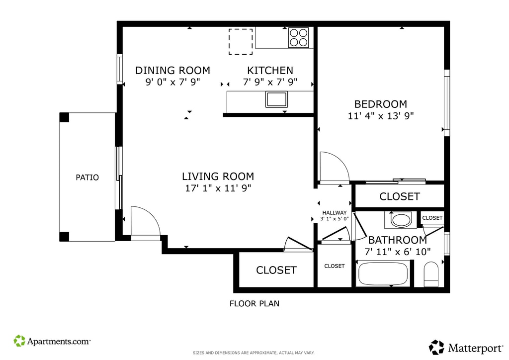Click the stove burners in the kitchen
click(299, 38)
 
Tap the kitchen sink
click(276, 99)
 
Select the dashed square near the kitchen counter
click(241, 42)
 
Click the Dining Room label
click(172, 71)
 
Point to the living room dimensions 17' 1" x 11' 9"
click(218, 188)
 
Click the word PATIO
click(87, 178)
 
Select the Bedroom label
click(380, 104)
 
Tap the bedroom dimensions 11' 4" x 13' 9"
click(381, 116)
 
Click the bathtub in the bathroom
click(383, 274)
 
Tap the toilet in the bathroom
click(431, 274)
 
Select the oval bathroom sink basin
click(401, 220)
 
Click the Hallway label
click(335, 213)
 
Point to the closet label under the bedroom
click(400, 197)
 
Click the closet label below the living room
click(276, 270)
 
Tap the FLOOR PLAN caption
click(254, 304)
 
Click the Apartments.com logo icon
click(19, 341)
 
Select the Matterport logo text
click(476, 348)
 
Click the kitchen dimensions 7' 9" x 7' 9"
click(270, 82)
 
